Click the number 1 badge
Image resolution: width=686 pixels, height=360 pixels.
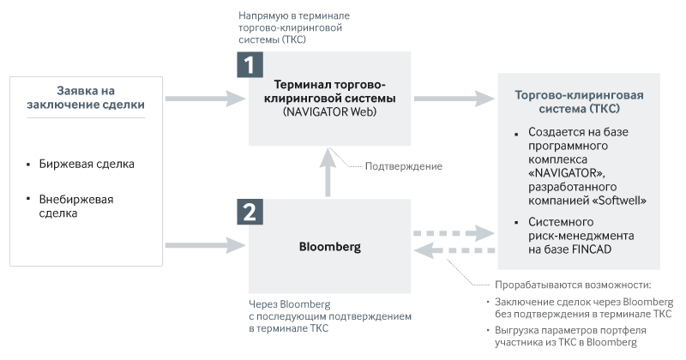[x=250, y=65]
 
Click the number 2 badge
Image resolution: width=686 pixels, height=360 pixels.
[x=250, y=212]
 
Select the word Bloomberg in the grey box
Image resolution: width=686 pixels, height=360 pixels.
[x=330, y=247]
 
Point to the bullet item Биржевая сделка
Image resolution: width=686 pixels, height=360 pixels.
[x=87, y=163]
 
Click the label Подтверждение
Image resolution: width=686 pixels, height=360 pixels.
[x=404, y=166]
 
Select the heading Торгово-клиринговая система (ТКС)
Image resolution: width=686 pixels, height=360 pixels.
[x=579, y=102]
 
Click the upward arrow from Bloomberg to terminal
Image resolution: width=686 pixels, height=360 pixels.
[x=329, y=174]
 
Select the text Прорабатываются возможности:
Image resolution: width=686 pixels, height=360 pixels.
[x=574, y=285]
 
